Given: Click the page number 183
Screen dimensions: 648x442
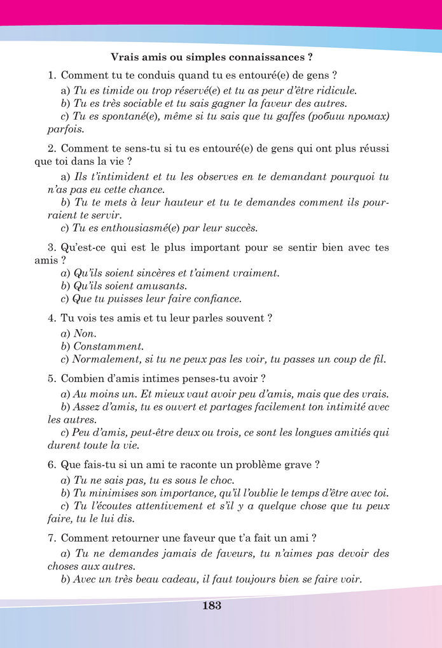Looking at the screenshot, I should click(212, 606).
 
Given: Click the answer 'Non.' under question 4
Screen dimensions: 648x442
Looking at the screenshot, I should click(84, 333).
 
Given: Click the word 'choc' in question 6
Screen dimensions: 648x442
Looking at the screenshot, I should click(221, 480).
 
